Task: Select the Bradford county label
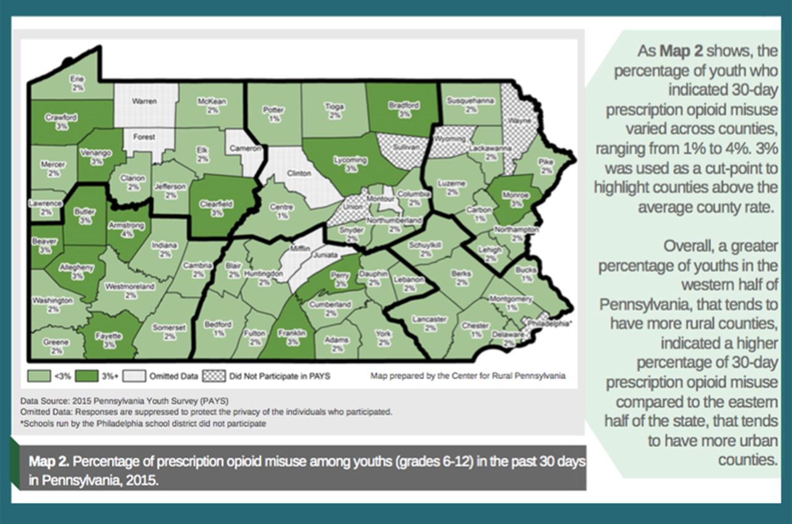(403, 109)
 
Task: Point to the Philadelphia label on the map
(548, 322)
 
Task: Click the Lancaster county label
(430, 323)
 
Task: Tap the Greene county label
(56, 346)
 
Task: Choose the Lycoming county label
(351, 164)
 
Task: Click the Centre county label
(282, 212)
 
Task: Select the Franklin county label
(293, 337)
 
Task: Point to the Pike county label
(545, 166)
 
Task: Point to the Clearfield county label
(216, 207)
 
